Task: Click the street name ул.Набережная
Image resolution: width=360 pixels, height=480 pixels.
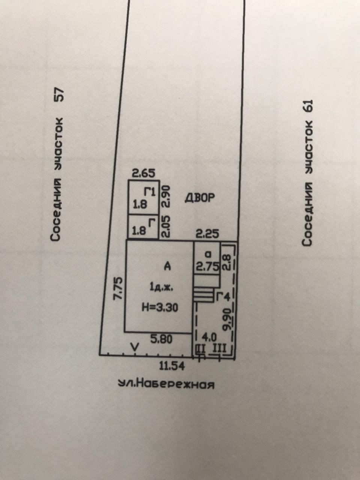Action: coord(166,384)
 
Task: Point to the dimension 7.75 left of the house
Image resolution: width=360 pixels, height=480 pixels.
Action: coord(118,288)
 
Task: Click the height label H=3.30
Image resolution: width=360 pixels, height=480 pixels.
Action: coord(160,307)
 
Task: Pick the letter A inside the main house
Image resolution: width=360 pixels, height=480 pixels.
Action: coord(167,267)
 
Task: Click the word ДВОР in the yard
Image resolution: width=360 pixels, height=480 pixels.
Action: coord(200,198)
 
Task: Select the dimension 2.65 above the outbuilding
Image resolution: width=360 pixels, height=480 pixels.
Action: coord(143,174)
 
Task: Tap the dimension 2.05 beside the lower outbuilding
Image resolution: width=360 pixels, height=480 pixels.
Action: coord(165,226)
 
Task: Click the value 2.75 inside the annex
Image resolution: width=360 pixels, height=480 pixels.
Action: coord(206,267)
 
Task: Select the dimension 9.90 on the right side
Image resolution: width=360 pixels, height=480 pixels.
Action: coord(226,318)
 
